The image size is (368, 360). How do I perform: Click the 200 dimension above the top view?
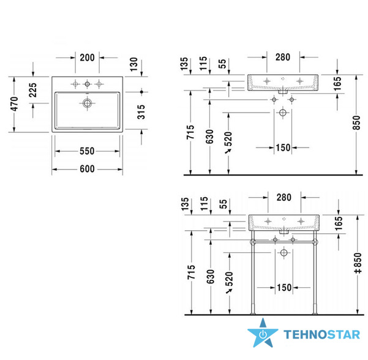point(87,58)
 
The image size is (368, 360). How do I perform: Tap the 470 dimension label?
point(15,104)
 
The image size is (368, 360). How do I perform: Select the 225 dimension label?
point(33,90)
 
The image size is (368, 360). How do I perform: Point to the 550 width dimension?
point(87,151)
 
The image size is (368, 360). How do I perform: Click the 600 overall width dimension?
point(87,169)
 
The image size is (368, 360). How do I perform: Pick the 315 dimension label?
point(141,112)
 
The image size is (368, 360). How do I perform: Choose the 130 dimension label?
point(133,64)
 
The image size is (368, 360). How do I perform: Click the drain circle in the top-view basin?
point(87,103)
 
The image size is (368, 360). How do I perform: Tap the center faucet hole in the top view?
point(87,84)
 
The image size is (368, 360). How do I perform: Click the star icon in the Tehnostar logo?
point(263,333)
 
